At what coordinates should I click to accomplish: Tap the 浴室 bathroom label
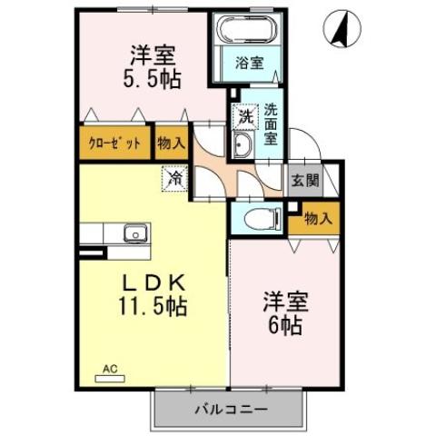coord(248,64)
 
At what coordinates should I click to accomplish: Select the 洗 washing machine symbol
coord(243,116)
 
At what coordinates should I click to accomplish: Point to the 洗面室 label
coord(271,124)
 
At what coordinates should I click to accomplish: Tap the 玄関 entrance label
coord(305,180)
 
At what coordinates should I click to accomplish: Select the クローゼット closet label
coord(114,144)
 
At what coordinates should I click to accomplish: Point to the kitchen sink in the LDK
coord(134,233)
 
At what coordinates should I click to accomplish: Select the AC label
coord(110,370)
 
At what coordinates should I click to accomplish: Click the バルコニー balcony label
coord(229,410)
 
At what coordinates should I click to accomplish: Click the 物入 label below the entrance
coord(317,218)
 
